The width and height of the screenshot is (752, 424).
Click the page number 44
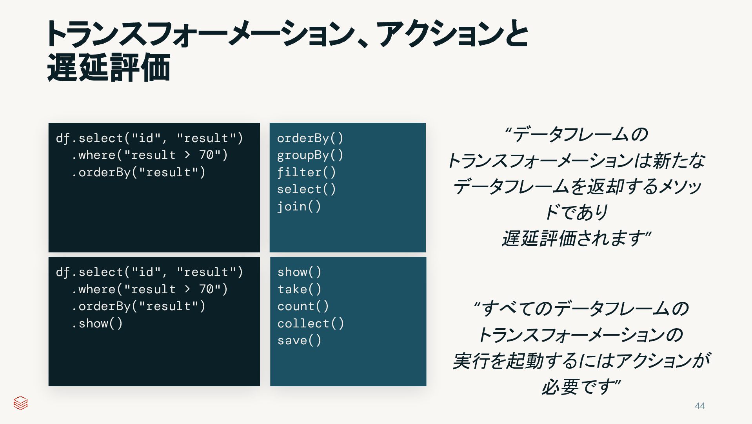pyautogui.click(x=699, y=406)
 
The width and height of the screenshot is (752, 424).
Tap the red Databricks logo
pyautogui.click(x=20, y=403)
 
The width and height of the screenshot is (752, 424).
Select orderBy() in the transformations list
pyautogui.click(x=310, y=138)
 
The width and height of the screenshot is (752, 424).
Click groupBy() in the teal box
pyautogui.click(x=310, y=155)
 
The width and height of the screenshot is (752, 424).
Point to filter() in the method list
pyautogui.click(x=306, y=172)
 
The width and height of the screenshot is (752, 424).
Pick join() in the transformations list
pyautogui.click(x=299, y=207)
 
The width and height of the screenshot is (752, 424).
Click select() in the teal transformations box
pyautogui.click(x=306, y=189)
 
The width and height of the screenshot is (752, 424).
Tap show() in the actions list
pyautogui.click(x=299, y=272)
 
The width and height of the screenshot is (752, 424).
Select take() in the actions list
pyautogui.click(x=299, y=289)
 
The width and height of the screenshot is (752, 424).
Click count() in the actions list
pyautogui.click(x=303, y=306)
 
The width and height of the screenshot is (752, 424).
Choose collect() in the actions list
pyautogui.click(x=310, y=323)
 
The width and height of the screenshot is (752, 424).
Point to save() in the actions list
pyautogui.click(x=299, y=340)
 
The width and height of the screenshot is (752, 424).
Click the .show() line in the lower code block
pyautogui.click(x=97, y=323)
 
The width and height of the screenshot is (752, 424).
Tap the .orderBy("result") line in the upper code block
pyautogui.click(x=138, y=172)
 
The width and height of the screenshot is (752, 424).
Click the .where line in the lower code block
pyautogui.click(x=149, y=289)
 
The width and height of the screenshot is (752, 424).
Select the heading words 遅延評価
pyautogui.click(x=109, y=68)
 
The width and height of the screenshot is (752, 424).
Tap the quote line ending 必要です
pyautogui.click(x=581, y=387)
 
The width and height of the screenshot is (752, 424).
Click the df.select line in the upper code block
pyautogui.click(x=149, y=138)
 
